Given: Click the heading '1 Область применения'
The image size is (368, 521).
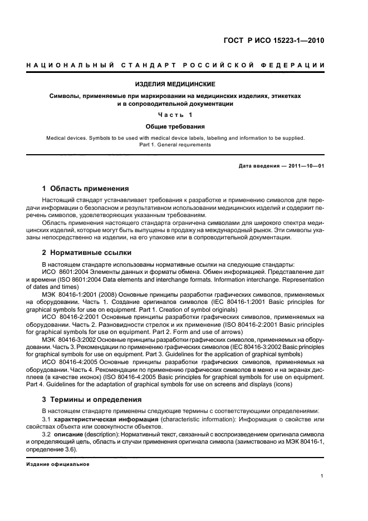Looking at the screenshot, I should [x=86, y=188].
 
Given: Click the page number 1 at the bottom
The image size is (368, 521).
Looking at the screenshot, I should [x=322, y=475].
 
